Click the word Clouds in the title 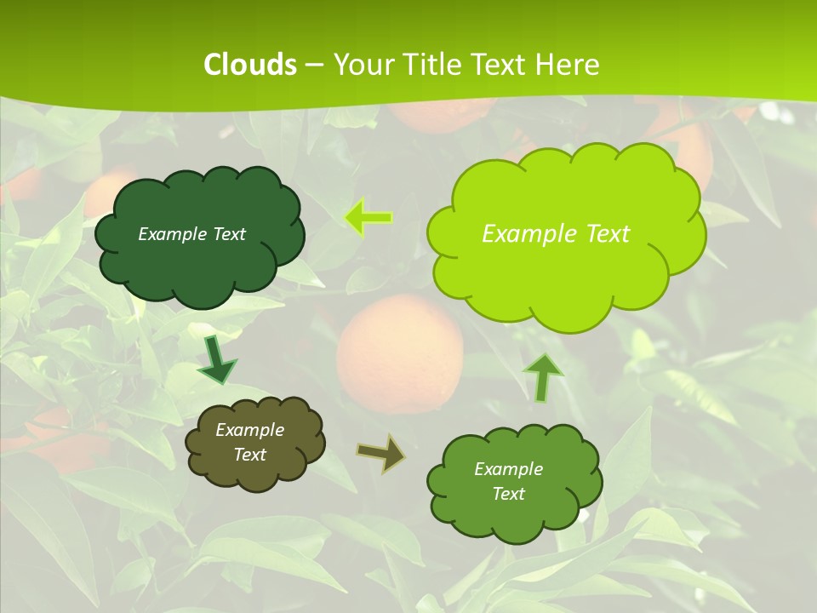[x=250, y=65]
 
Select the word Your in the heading [x=363, y=65]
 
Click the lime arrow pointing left [x=368, y=218]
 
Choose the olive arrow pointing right [x=380, y=454]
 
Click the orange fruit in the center [x=400, y=353]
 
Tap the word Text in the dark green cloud [x=229, y=234]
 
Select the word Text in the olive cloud [x=250, y=455]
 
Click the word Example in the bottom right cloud [x=508, y=469]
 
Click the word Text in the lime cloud [x=605, y=233]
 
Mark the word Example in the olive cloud [x=250, y=430]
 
